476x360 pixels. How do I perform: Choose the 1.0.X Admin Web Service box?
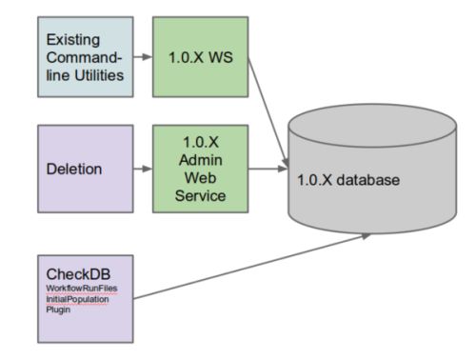[x=200, y=170]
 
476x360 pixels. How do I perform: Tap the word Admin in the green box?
[x=200, y=161]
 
